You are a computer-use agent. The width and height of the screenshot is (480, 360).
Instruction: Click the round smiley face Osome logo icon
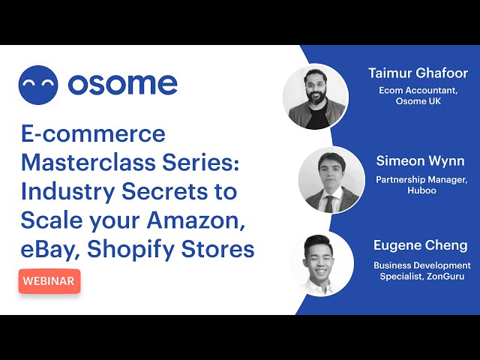[38, 85]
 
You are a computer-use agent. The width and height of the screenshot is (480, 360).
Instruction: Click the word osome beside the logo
[123, 83]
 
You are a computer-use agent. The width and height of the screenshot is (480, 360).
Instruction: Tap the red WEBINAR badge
[49, 281]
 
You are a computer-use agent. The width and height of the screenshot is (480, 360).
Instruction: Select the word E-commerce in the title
[93, 133]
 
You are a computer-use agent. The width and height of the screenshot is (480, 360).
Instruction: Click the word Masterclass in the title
[88, 162]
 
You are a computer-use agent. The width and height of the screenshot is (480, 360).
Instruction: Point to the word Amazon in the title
[196, 220]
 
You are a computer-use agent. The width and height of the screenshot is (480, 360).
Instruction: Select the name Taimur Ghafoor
[418, 73]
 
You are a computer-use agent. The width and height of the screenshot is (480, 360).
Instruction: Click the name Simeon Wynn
[420, 161]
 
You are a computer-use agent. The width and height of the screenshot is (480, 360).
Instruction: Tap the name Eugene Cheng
[420, 245]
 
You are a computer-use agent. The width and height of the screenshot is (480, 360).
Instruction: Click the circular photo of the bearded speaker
[316, 97]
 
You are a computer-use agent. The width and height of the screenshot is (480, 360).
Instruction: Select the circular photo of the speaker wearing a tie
[331, 180]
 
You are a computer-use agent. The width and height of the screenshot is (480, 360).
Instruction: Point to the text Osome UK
[418, 101]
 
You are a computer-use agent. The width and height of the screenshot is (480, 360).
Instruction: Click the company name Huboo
[421, 190]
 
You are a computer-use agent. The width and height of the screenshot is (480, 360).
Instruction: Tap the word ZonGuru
[445, 276]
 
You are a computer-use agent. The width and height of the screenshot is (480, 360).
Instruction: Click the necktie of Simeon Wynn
[329, 203]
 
